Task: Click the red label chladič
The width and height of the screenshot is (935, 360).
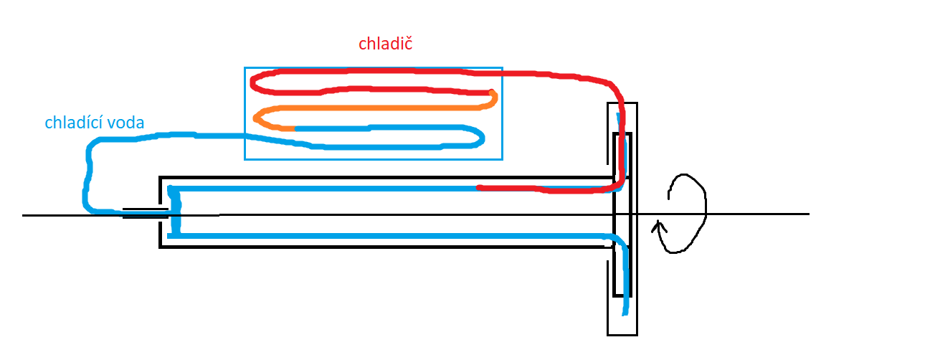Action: pyautogui.click(x=385, y=44)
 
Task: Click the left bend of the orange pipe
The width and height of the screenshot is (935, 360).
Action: pyautogui.click(x=257, y=117)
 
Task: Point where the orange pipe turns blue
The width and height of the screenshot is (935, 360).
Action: pyautogui.click(x=295, y=128)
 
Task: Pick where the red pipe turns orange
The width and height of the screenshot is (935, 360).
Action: pyautogui.click(x=493, y=93)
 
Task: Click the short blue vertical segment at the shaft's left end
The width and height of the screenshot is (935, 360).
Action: pyautogui.click(x=173, y=212)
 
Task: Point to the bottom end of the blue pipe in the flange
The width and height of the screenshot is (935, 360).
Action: pyautogui.click(x=625, y=312)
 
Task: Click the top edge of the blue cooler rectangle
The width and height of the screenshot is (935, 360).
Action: pyautogui.click(x=373, y=68)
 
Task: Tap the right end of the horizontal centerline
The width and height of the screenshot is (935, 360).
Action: pyautogui.click(x=807, y=214)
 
